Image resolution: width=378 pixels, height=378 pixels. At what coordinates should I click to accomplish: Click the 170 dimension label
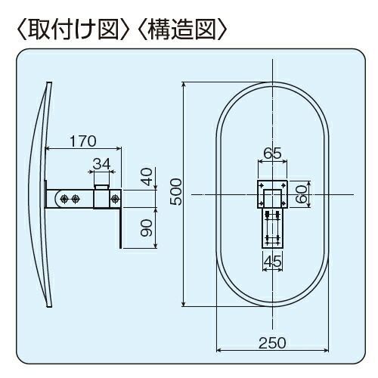tap(83, 141)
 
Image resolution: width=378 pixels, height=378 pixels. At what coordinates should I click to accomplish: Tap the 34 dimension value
tap(101, 164)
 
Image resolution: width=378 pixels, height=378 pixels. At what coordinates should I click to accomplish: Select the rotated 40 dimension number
tap(147, 177)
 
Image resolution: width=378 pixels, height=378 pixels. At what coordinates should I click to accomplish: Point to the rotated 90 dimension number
tap(147, 228)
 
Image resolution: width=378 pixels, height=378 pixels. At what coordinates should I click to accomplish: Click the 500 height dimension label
tap(175, 192)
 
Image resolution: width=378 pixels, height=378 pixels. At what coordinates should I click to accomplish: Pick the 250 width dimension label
tap(272, 343)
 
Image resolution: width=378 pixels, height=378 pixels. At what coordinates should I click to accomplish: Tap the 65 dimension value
tap(272, 153)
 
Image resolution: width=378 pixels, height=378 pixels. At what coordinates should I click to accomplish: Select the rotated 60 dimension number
tap(302, 194)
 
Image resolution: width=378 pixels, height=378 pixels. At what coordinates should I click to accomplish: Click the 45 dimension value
tap(273, 262)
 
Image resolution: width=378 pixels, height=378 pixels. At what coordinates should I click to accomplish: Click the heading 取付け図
tap(73, 30)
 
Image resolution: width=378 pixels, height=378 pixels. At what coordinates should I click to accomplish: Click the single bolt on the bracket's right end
tap(116, 199)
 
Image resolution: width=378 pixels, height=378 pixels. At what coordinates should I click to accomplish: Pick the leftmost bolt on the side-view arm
tap(64, 199)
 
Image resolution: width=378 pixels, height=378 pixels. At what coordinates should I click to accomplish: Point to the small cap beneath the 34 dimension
tap(101, 187)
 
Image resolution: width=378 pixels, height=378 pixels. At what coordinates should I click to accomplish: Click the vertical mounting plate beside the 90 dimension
tap(120, 218)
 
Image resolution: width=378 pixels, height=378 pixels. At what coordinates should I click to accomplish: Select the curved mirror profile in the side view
tap(40, 194)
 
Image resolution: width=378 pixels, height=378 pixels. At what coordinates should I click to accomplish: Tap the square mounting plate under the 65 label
tap(272, 182)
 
